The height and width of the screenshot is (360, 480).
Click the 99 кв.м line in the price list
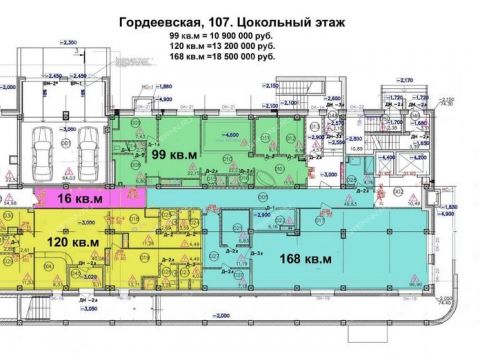(x=184, y=36)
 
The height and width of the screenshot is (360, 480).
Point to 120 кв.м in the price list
(x=186, y=46)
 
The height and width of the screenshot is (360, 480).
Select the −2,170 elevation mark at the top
(x=270, y=87)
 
